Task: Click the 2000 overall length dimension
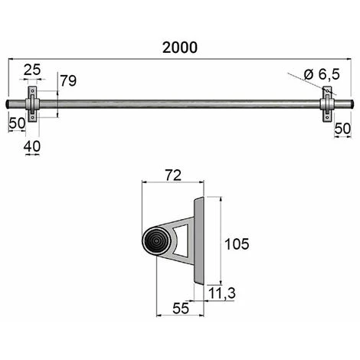[x=180, y=47]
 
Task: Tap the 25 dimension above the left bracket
[x=32, y=70]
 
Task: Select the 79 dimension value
[x=68, y=80]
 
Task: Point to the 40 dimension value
[x=32, y=146]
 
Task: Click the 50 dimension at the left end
[x=18, y=123]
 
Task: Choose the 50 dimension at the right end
[x=342, y=129]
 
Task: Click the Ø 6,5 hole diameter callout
[x=322, y=74]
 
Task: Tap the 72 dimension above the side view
[x=173, y=175]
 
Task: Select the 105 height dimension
[x=237, y=244]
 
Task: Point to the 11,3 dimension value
[x=222, y=293]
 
